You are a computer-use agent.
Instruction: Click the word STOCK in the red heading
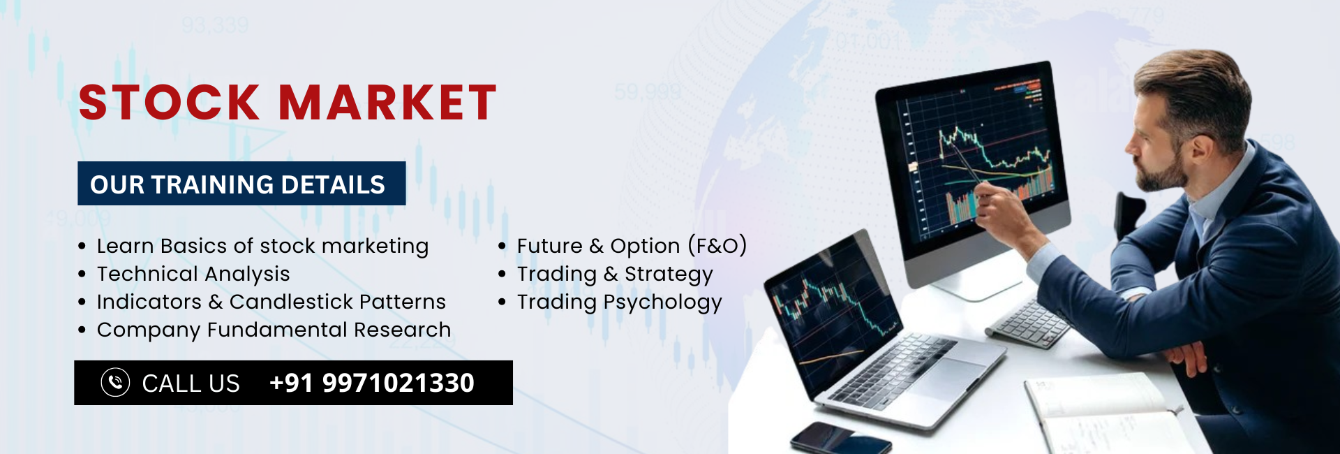pyautogui.click(x=169, y=103)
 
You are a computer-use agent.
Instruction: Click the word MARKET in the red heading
pyautogui.click(x=388, y=103)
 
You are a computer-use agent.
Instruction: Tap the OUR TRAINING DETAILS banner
pyautogui.click(x=241, y=184)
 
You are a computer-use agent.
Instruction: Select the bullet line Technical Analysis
pyautogui.click(x=193, y=274)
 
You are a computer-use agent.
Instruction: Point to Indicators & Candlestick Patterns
pyautogui.click(x=271, y=302)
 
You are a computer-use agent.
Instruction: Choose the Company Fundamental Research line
pyautogui.click(x=274, y=330)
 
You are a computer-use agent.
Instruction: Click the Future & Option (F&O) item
pyautogui.click(x=632, y=246)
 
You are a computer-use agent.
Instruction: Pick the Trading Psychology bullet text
pyautogui.click(x=619, y=302)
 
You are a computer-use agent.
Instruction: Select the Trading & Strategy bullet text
pyautogui.click(x=615, y=274)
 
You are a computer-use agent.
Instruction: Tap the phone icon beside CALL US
pyautogui.click(x=115, y=383)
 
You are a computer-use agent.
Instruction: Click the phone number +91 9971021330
pyautogui.click(x=372, y=383)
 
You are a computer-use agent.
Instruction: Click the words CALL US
pyautogui.click(x=191, y=383)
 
